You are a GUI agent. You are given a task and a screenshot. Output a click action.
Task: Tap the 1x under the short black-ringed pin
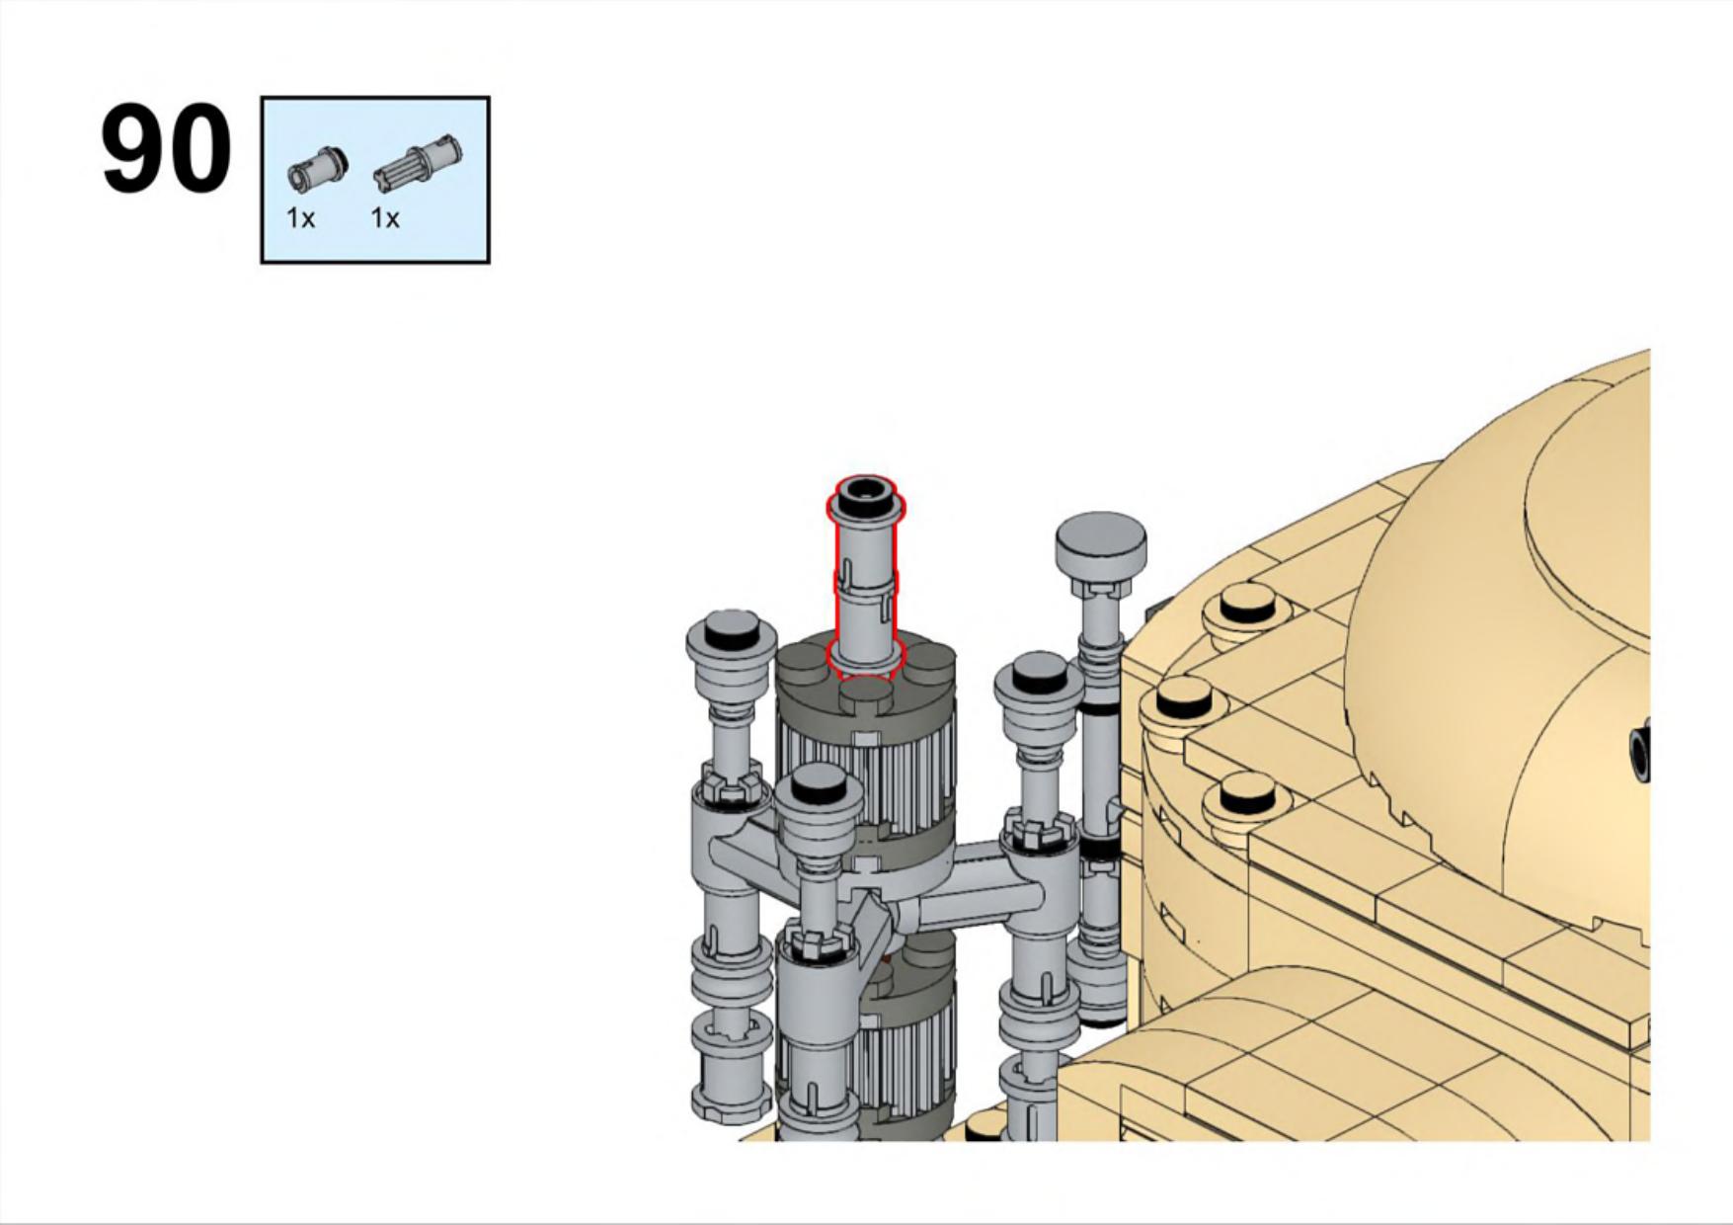click(301, 218)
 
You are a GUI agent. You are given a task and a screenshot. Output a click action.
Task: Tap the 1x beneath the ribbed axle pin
click(386, 218)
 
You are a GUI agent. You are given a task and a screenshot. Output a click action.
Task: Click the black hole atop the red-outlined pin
click(866, 487)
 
